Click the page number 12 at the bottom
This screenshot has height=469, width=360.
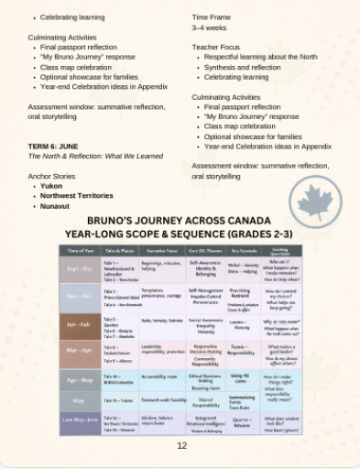click(180, 446)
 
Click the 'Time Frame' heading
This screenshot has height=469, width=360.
click(213, 17)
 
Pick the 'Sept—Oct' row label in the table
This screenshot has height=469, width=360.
click(81, 268)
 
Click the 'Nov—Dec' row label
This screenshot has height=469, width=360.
click(81, 295)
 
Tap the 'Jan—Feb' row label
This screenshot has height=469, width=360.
click(81, 323)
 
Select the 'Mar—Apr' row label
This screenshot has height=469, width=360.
click(81, 350)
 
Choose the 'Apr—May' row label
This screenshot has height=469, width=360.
click(81, 377)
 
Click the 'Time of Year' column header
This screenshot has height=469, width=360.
click(81, 250)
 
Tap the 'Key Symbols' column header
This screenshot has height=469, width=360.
click(243, 250)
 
